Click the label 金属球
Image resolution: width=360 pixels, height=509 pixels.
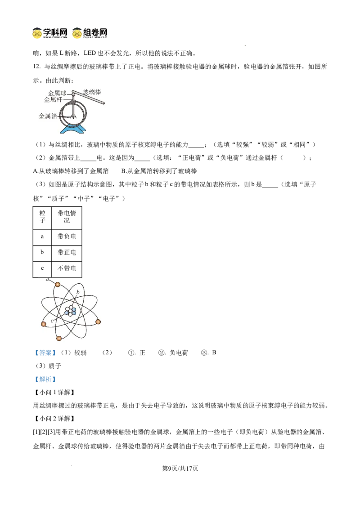coord(57,93)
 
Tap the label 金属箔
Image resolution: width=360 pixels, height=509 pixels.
coord(48,116)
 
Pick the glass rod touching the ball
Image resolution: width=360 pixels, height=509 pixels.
coord(90,98)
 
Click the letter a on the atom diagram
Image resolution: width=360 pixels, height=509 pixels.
coord(47,280)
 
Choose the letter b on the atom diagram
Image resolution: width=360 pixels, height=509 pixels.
coord(78,292)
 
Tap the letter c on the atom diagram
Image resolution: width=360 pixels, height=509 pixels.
coord(52,321)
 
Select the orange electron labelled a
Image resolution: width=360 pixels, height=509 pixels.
coord(58,284)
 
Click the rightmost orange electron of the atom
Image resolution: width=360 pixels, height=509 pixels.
coord(98,321)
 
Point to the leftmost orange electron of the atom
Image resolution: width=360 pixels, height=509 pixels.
coord(43,324)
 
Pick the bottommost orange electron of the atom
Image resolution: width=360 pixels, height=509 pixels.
coord(59,338)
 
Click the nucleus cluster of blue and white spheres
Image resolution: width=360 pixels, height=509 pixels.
coord(70,311)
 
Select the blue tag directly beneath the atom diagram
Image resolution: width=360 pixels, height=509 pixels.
coord(45,353)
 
